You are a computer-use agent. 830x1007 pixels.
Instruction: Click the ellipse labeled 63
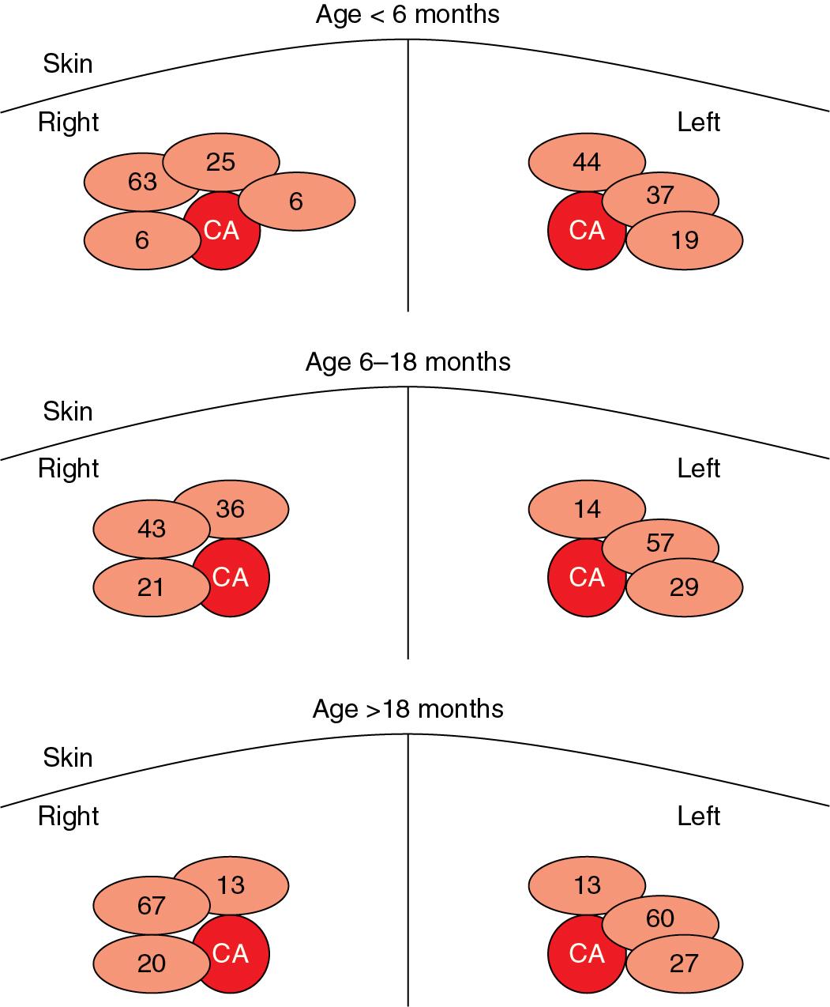pos(142,182)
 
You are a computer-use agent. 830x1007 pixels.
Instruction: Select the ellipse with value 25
pos(221,162)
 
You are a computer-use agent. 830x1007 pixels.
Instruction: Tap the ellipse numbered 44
pos(586,163)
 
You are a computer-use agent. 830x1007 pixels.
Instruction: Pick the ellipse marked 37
pos(660,195)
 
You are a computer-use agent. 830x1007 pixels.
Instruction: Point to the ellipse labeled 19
pos(685,239)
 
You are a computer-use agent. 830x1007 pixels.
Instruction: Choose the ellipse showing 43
pos(151,528)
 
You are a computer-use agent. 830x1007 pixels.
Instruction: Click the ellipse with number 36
pos(231,508)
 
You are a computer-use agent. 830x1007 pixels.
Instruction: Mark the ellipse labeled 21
pos(151,587)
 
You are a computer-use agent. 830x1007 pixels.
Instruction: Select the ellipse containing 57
pos(660,543)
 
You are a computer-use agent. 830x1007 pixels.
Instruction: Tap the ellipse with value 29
pos(685,586)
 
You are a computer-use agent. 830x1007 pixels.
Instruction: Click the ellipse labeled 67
pos(151,904)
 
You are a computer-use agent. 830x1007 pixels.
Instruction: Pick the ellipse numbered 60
pos(660,918)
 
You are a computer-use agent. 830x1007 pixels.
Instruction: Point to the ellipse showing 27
pos(685,963)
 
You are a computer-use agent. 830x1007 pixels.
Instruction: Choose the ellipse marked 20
pos(151,963)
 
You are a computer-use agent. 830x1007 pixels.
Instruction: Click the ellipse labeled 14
pos(586,509)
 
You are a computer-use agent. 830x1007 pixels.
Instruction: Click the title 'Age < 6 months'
pos(407,15)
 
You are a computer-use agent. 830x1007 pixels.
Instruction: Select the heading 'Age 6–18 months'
pos(407,362)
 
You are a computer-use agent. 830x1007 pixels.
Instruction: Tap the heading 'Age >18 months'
pos(407,709)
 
